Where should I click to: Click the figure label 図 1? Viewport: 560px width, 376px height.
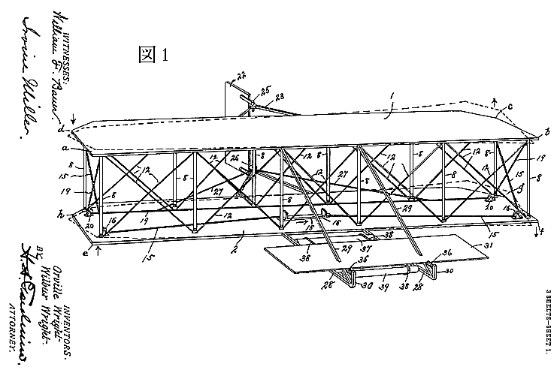pyautogui.click(x=155, y=55)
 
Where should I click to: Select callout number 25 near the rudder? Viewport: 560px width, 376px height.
pyautogui.click(x=264, y=91)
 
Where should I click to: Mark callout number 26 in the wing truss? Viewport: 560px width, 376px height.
pyautogui.click(x=235, y=158)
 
